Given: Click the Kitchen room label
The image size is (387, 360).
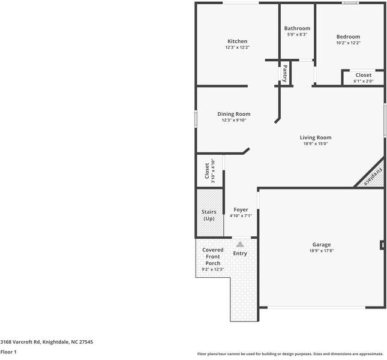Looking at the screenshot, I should coord(237,41).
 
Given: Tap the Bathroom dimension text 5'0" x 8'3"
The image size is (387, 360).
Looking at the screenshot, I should coord(297,35).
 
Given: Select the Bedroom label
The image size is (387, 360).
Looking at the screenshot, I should coord(348,37).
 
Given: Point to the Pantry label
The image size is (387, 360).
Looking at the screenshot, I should coord(285,73).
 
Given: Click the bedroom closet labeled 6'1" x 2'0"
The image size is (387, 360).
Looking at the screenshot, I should coord(363,78).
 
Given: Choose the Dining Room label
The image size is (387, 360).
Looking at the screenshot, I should coord(233,114).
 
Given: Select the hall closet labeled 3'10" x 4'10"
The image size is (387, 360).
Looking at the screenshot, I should coord(209,171).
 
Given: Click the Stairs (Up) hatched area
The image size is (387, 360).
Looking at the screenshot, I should coord(209,214).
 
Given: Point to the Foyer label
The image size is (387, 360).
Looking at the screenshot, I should coord(241,209).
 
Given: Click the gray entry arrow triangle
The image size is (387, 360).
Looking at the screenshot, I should coord(240,244).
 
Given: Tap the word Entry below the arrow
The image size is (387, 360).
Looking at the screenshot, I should coord(240,253).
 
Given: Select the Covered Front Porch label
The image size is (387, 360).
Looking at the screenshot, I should coord(212,256).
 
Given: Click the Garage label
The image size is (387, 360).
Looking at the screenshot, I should coord(321,244).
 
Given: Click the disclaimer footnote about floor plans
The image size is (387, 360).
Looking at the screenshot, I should coord(290,354).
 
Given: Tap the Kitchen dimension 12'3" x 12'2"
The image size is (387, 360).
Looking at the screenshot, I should coord(237,47).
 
